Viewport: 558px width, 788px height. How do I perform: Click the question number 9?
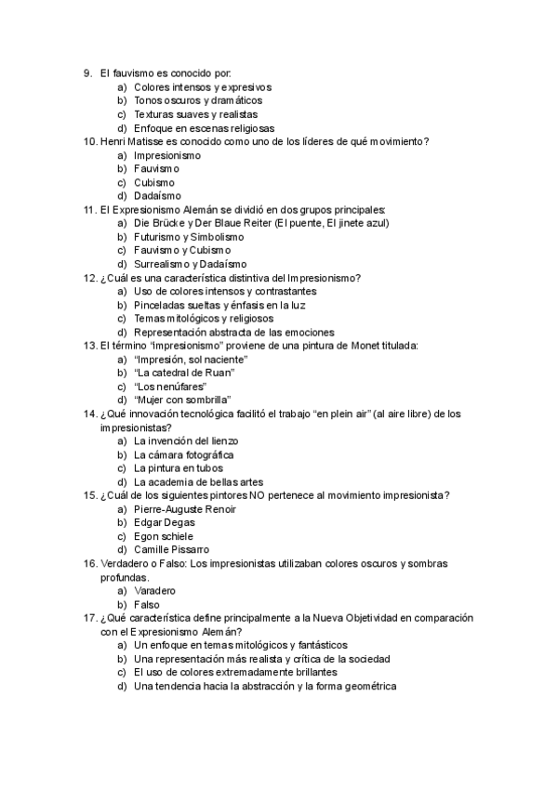86,73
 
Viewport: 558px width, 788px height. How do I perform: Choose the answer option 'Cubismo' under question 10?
154,182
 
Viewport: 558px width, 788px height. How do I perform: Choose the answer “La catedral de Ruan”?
184,373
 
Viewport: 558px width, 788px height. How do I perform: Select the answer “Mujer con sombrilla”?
182,400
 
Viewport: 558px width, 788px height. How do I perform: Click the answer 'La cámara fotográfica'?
183,455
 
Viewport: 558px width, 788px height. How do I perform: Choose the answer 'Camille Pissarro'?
171,550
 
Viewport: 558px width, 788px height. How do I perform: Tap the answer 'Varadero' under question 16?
154,591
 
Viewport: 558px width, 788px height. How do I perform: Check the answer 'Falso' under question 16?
147,605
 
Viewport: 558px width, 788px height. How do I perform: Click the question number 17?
90,618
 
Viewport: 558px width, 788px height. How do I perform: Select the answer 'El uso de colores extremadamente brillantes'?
235,673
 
